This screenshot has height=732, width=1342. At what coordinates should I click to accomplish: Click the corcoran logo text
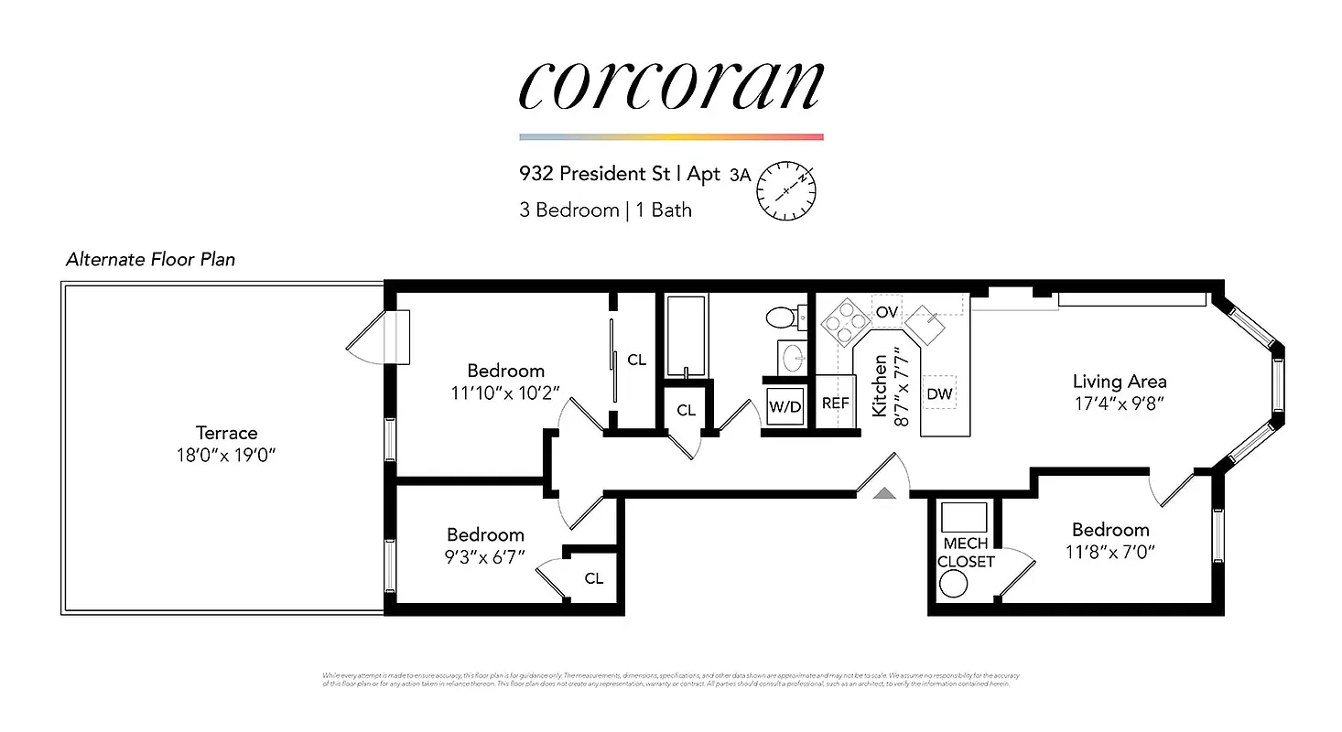[671, 88]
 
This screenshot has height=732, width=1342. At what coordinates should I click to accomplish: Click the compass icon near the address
[785, 191]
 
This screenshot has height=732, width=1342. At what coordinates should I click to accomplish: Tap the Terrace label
[226, 433]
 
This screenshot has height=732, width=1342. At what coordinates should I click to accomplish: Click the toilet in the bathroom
[784, 318]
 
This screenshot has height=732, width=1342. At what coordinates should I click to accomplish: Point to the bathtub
[686, 336]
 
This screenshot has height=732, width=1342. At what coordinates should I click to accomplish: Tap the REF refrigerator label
[835, 403]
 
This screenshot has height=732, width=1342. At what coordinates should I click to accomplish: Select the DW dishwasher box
[939, 393]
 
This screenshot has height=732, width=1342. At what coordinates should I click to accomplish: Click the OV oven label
[886, 312]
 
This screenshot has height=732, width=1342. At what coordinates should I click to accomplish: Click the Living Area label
[1120, 382]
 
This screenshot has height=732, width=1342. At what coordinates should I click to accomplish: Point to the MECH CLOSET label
[966, 553]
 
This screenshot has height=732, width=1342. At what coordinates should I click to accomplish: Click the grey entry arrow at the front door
[883, 494]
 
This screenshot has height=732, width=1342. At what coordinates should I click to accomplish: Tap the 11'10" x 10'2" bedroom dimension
[505, 393]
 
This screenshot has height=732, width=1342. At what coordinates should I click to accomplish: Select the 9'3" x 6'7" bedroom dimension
[485, 555]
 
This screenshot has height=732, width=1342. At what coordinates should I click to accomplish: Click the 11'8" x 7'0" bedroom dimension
[1110, 552]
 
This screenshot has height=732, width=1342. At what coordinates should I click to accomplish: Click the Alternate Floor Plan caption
[150, 260]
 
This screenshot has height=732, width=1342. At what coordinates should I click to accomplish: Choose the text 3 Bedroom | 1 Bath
[605, 210]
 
